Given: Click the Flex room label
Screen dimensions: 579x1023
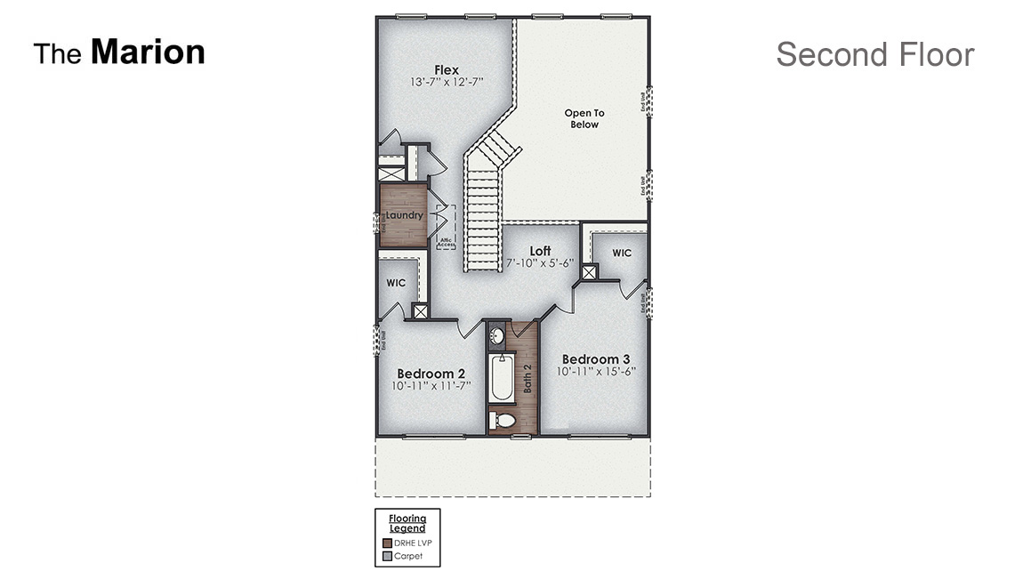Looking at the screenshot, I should (x=447, y=69).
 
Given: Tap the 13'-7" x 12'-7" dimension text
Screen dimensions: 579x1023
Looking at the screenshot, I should (x=447, y=82).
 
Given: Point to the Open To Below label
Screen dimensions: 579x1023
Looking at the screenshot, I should (x=584, y=118).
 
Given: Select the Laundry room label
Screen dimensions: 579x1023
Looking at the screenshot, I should (x=404, y=215).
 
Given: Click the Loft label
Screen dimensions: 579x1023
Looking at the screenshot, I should (x=540, y=251).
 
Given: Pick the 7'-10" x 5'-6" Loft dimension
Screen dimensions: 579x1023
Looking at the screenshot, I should (x=540, y=264).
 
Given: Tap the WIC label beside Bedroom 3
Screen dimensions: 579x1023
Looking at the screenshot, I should (x=622, y=253).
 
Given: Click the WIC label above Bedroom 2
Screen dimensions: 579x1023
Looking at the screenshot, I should (x=396, y=283).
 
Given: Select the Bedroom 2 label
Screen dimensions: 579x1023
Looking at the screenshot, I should (x=431, y=373).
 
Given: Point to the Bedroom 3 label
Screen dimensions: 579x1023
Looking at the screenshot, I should (x=596, y=359).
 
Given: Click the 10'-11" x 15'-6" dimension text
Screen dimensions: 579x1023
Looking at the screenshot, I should (x=596, y=372).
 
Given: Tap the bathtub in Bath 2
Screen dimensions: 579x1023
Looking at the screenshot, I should (x=502, y=378).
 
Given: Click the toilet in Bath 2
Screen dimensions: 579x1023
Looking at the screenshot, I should (x=503, y=420).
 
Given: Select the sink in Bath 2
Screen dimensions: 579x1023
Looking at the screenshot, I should (x=498, y=336).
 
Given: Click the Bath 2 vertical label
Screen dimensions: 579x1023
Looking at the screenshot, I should (x=527, y=378).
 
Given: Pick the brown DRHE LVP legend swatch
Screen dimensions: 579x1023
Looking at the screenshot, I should (x=387, y=543).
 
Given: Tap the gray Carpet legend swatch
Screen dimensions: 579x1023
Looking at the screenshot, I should (x=387, y=556).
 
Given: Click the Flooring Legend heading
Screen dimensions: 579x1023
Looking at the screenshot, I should (x=407, y=523).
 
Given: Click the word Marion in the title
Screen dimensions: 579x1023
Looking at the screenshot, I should (x=148, y=52).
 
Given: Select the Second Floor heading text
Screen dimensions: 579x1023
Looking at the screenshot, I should (x=874, y=54).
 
